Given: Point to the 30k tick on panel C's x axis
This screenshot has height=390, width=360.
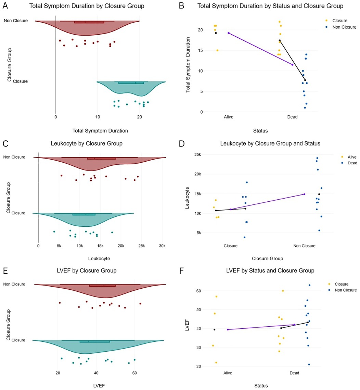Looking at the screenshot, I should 162,246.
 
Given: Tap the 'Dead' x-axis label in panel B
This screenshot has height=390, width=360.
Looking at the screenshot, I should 292,117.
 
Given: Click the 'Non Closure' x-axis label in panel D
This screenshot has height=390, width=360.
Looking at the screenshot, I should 305,246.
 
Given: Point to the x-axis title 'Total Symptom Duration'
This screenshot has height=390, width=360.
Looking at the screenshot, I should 96,130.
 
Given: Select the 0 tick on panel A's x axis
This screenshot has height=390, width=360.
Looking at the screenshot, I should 55,117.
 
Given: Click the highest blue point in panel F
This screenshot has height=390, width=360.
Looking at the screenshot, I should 309,285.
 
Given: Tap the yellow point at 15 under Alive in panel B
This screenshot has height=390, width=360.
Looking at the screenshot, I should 217,50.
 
